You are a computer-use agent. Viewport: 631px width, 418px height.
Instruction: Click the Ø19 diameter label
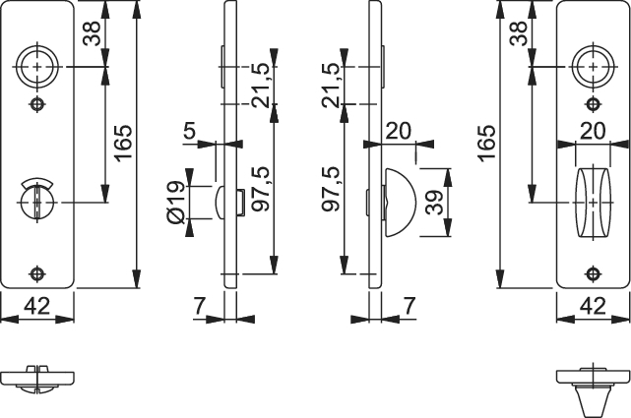tap(175, 203)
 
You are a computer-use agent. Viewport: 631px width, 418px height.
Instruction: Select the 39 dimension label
tap(434, 203)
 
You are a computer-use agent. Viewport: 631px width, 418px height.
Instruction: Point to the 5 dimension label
tap(190, 131)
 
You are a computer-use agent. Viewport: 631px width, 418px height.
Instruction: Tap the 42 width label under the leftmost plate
tap(36, 306)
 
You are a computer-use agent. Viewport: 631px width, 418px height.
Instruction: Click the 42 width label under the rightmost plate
tap(593, 306)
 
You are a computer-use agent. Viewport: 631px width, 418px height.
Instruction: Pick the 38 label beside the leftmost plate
tap(92, 33)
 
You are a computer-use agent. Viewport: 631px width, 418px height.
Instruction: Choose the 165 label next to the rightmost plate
tap(487, 143)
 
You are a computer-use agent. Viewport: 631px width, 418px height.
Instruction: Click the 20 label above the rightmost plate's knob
tap(593, 131)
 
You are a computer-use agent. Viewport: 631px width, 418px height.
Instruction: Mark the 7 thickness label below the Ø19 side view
tap(200, 306)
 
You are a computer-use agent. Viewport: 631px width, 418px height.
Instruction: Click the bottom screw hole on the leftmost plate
tap(37, 273)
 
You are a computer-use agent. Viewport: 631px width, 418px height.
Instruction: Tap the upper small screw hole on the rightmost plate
tap(593, 104)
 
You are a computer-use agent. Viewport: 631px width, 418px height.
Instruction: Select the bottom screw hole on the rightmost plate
tap(593, 273)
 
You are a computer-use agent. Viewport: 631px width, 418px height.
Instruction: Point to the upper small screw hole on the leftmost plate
tap(37, 104)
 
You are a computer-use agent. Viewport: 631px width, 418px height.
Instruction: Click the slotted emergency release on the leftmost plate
tap(37, 203)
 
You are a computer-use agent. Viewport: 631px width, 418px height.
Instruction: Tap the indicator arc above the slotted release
tap(37, 182)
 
